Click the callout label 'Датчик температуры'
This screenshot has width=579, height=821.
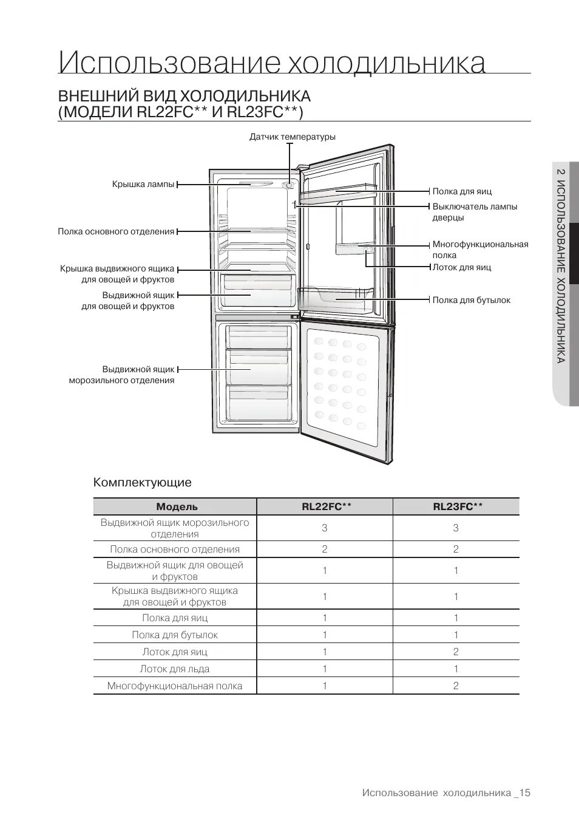pos(292,137)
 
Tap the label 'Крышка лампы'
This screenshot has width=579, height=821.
pos(143,184)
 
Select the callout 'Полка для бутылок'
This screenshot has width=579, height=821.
pos(471,300)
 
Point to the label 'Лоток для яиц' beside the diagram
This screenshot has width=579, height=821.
pos(461,267)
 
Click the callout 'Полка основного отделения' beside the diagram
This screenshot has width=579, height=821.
pos(116,231)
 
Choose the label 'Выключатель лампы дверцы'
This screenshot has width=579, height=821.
pos(475,212)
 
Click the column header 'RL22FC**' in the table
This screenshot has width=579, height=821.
pos(325,507)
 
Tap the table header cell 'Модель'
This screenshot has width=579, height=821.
pos(177,507)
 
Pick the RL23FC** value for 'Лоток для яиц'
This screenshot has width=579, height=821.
pos(456,652)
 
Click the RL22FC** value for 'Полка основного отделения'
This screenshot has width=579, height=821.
pos(325,549)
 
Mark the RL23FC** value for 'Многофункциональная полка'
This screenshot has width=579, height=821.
pos(456,686)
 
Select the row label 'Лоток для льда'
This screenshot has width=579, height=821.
pos(175,669)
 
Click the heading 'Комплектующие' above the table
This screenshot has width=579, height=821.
pos(142,483)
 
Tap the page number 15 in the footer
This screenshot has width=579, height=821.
pos(525,792)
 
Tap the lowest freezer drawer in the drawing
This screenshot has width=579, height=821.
pos(257,404)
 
